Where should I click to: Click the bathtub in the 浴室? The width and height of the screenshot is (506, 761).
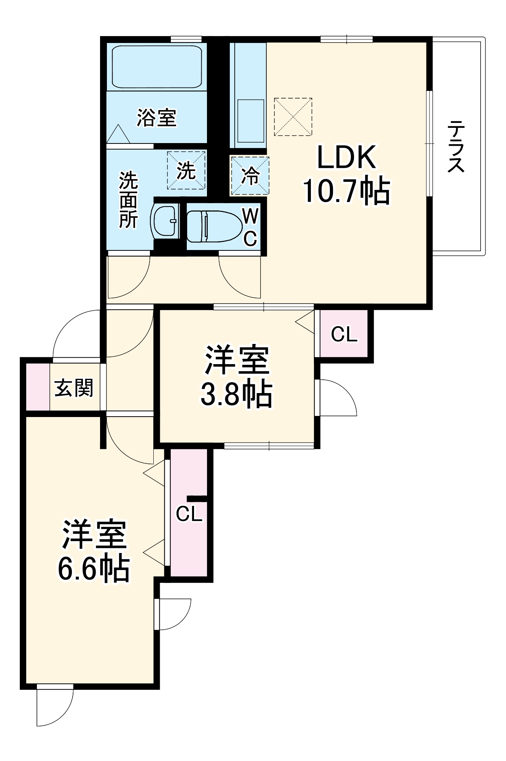[157, 67]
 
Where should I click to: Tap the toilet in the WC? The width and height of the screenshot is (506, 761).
[214, 226]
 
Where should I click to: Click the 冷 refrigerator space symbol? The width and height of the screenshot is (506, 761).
[250, 176]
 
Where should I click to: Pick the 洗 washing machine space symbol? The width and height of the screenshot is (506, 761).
[186, 170]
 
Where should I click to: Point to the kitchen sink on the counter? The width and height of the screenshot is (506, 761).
[251, 121]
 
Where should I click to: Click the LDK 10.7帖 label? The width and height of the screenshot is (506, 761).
[346, 175]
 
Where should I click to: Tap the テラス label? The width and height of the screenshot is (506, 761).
[456, 146]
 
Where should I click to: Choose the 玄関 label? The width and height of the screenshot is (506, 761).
[74, 388]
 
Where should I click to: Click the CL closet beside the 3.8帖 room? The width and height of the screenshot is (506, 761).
[344, 334]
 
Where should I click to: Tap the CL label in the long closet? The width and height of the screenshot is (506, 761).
[189, 514]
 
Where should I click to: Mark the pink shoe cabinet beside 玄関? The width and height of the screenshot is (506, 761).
[37, 387]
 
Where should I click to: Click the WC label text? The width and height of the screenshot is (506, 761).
[250, 228]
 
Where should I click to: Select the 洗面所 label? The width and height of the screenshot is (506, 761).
[128, 201]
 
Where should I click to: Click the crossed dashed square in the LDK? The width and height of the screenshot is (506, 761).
[293, 117]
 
